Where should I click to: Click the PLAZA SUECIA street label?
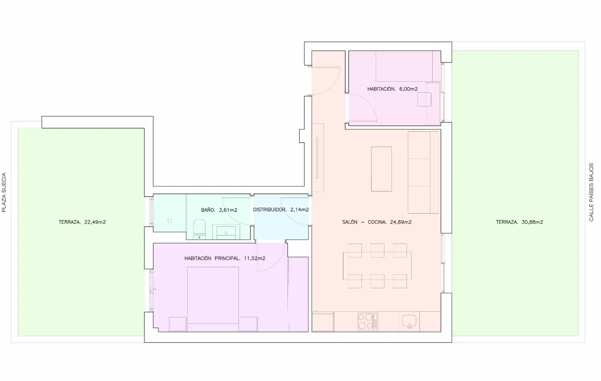click(4, 192)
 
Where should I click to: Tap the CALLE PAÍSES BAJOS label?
click(591, 192)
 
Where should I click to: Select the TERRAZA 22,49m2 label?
click(82, 222)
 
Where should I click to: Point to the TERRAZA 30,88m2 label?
click(519, 222)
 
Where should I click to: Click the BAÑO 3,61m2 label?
click(219, 210)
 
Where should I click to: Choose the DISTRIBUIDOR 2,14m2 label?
click(281, 210)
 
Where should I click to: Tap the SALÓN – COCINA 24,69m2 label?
click(377, 222)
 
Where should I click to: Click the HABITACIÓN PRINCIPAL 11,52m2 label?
click(225, 258)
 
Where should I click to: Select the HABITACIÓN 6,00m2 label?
click(392, 89)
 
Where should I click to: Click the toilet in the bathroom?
click(200, 229)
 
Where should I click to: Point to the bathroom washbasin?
click(226, 232)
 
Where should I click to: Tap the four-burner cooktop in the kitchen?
click(367, 321)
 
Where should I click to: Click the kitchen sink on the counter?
click(409, 321)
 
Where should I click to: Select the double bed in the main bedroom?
click(213, 299)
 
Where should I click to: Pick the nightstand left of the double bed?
click(177, 324)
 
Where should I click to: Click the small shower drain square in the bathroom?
click(169, 221)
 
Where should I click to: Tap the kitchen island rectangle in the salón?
click(381, 169)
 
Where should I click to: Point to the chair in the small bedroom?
click(424, 99)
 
